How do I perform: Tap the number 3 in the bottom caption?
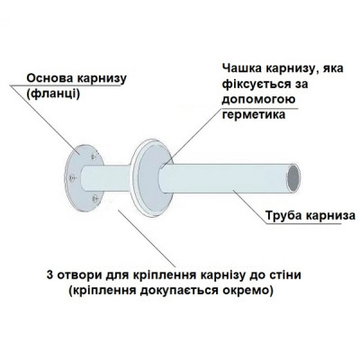tap(46, 274)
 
